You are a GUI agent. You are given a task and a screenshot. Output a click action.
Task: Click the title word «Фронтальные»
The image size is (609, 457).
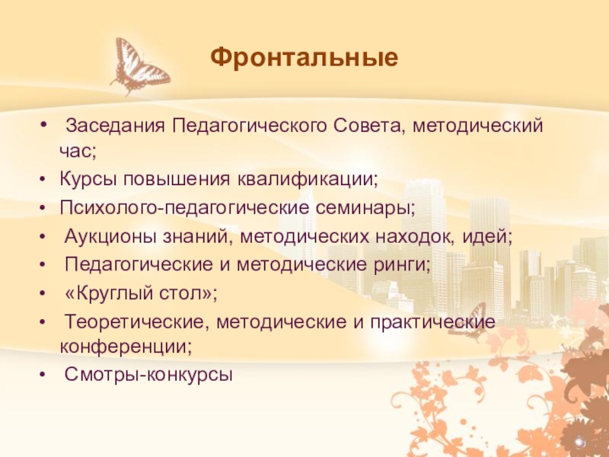304,57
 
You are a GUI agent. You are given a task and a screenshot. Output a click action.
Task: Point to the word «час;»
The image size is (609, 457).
78,151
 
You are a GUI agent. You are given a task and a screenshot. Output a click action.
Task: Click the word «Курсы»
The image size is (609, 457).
86,181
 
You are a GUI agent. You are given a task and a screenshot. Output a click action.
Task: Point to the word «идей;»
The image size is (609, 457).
488,237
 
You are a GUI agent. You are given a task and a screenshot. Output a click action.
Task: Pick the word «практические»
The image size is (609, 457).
435,321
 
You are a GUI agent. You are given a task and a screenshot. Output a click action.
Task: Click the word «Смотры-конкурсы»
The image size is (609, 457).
148,375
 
